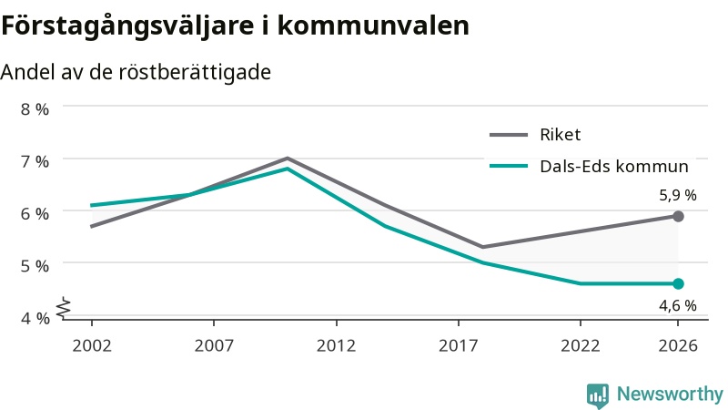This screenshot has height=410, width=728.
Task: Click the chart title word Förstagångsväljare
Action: (127, 26)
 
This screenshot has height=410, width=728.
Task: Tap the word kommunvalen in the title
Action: (373, 26)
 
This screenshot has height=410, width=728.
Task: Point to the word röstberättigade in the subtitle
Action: (195, 73)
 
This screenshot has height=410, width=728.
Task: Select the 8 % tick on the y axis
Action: (35, 109)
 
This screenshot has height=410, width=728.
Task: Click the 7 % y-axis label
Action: (35, 162)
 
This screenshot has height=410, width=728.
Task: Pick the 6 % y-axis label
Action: (35, 214)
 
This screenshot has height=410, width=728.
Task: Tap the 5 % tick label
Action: (35, 266)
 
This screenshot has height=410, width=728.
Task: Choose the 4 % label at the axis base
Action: (35, 318)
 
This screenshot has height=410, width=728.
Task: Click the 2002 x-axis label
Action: (92, 346)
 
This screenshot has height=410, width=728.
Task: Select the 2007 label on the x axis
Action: (214, 346)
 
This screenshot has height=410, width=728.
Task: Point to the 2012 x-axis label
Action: (336, 346)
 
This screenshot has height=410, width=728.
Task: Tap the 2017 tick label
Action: (459, 346)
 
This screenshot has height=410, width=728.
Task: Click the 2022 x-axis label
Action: (581, 346)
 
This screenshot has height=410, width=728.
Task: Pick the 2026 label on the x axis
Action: (678, 346)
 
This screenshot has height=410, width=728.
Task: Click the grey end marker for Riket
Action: (678, 216)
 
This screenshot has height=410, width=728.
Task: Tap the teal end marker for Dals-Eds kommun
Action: (678, 283)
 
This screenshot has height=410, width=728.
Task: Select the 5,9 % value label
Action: (678, 195)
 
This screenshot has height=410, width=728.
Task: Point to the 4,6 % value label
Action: (678, 306)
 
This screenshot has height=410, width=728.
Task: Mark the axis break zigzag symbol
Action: (64, 308)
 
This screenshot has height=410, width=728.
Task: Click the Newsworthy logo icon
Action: (598, 395)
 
